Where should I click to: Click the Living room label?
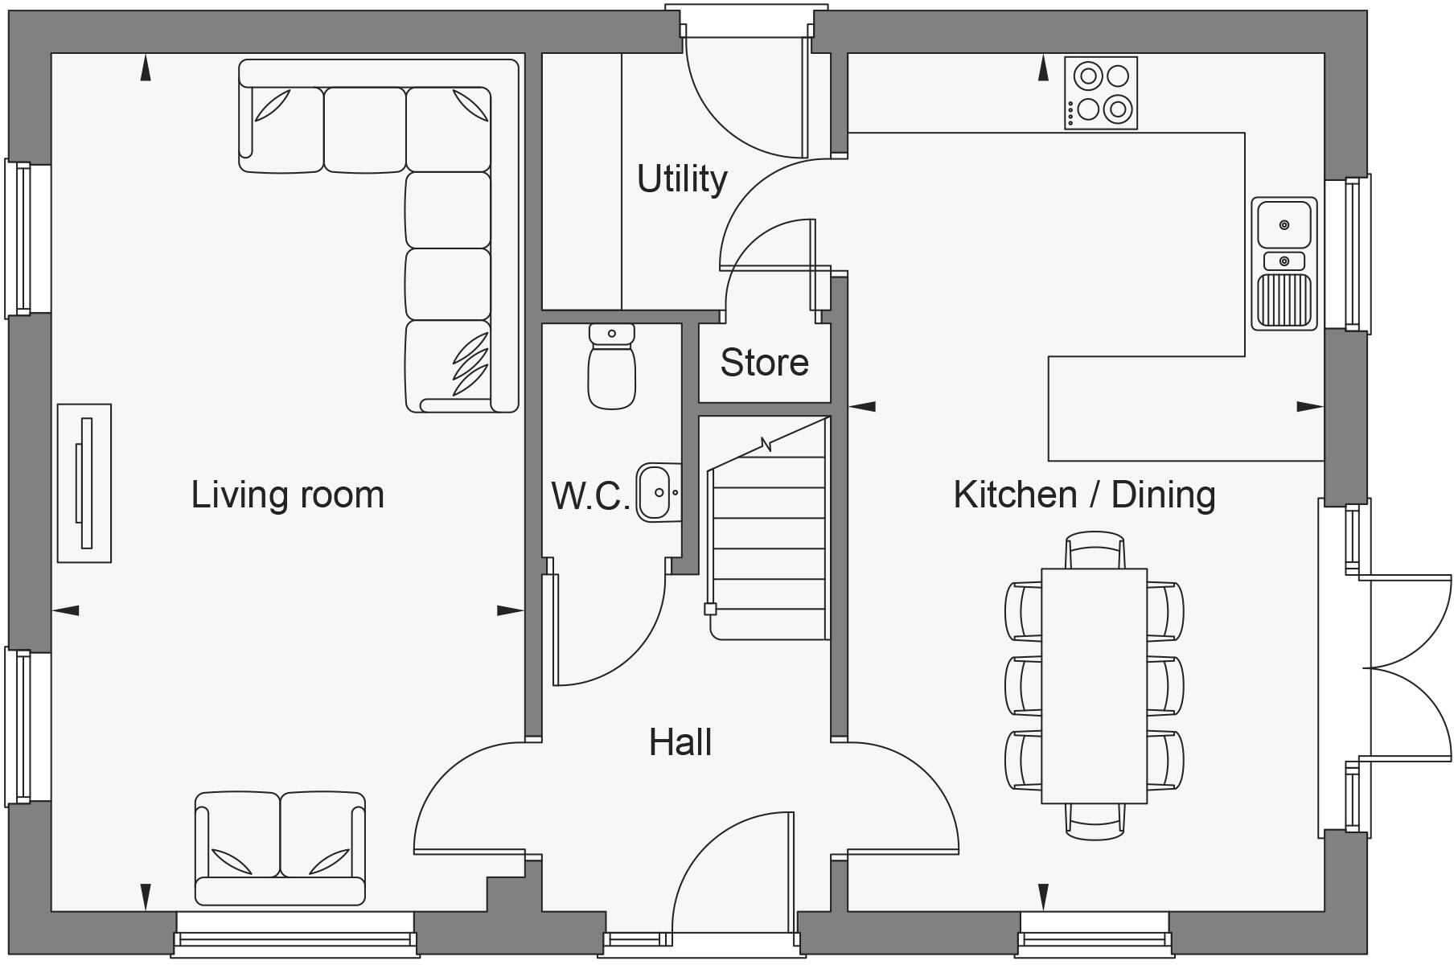[287, 495]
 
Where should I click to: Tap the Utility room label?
[682, 179]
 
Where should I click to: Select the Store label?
[764, 362]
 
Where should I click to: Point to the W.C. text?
[590, 496]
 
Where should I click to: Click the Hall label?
[680, 742]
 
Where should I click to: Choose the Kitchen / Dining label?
[1084, 495]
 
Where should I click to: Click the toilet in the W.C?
[612, 366]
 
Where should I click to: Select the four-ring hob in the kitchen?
[1101, 92]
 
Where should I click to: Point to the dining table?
[1094, 686]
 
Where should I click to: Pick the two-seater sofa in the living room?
[280, 848]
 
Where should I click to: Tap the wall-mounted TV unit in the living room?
[84, 483]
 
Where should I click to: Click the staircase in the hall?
[769, 528]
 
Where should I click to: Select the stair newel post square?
[710, 609]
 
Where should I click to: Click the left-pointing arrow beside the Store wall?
[862, 407]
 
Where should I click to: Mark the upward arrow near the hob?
[1043, 68]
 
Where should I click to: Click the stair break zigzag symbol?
[766, 445]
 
